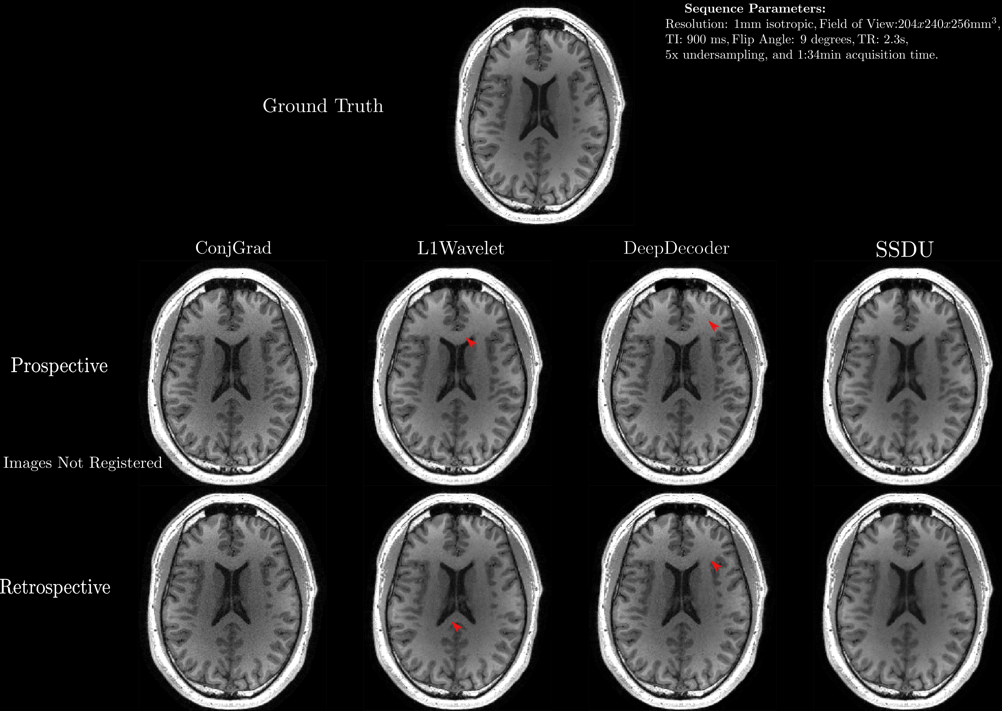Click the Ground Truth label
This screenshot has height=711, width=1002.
323,106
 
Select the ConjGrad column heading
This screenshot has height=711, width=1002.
233,248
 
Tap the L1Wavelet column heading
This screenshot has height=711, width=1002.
461,249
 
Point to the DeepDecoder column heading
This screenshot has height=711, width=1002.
676,248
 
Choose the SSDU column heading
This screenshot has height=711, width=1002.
904,249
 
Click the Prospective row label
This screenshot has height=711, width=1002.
59,366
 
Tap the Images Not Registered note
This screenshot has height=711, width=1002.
83,463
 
